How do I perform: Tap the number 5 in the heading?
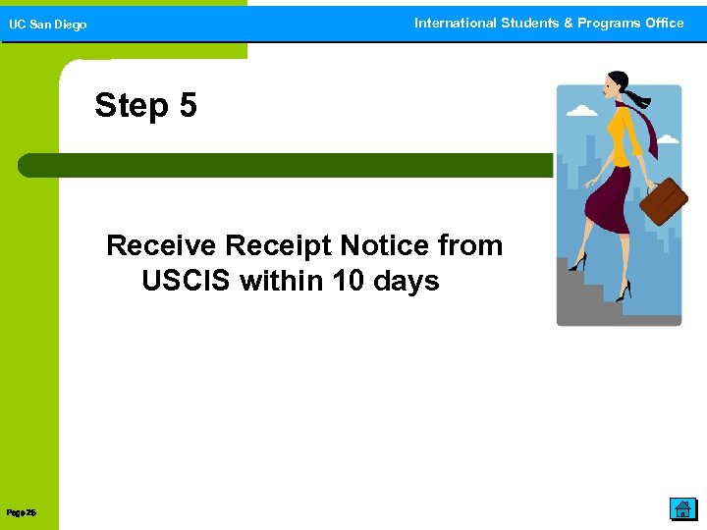pyautogui.click(x=188, y=105)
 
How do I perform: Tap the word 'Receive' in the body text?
pyautogui.click(x=161, y=245)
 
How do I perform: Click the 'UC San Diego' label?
pyautogui.click(x=48, y=25)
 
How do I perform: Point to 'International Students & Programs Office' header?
pyautogui.click(x=548, y=23)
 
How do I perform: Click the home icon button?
pyautogui.click(x=682, y=508)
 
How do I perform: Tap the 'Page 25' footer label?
pyautogui.click(x=21, y=512)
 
